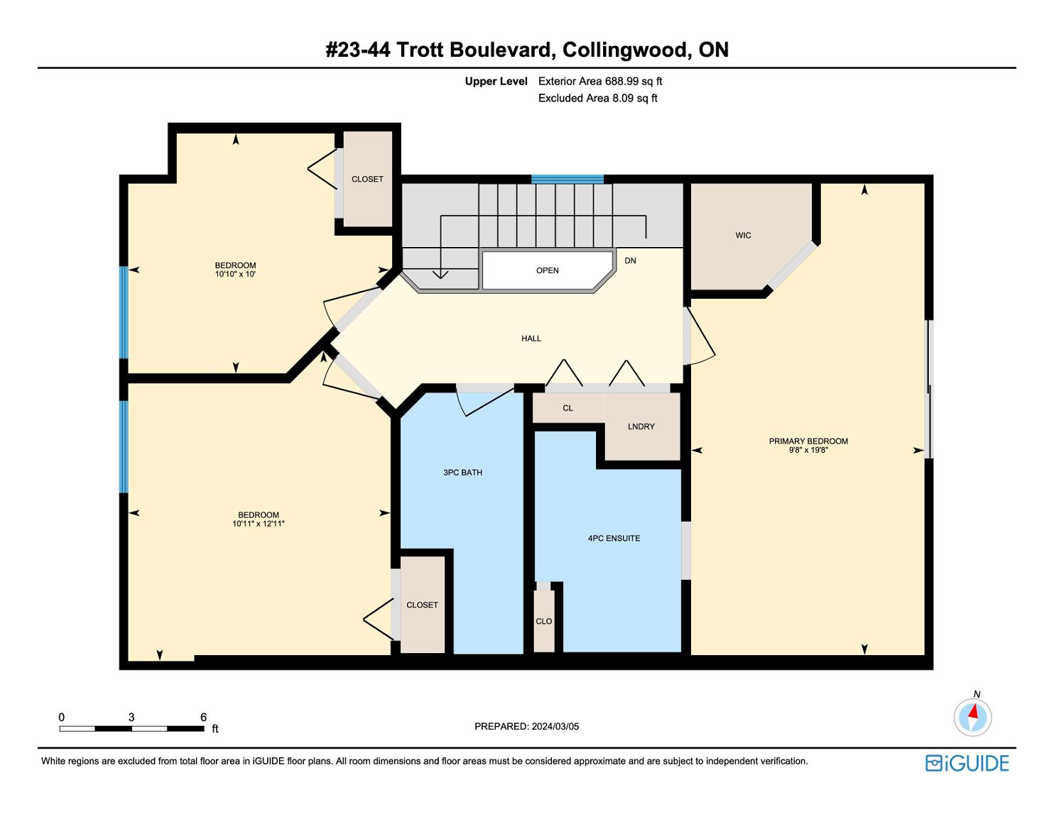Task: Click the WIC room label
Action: tap(743, 236)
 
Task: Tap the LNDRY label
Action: tap(641, 427)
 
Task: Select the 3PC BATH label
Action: tap(463, 473)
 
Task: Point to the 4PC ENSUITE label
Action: tap(614, 539)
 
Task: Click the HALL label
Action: tap(531, 339)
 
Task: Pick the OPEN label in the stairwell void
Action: tap(547, 270)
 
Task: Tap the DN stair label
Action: tap(630, 260)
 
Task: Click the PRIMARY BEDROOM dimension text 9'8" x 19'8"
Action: tap(808, 450)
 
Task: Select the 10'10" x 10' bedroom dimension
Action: tap(235, 274)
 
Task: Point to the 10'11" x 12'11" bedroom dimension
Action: tap(258, 524)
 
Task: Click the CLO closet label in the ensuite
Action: tap(544, 622)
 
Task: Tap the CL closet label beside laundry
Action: tap(567, 409)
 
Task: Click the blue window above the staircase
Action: tap(567, 180)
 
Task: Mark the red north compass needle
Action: tap(973, 711)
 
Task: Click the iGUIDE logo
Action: tap(967, 764)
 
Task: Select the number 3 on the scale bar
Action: tap(131, 717)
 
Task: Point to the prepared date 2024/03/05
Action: tap(555, 727)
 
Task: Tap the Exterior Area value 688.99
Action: tap(620, 82)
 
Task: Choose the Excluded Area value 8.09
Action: tap(623, 99)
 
